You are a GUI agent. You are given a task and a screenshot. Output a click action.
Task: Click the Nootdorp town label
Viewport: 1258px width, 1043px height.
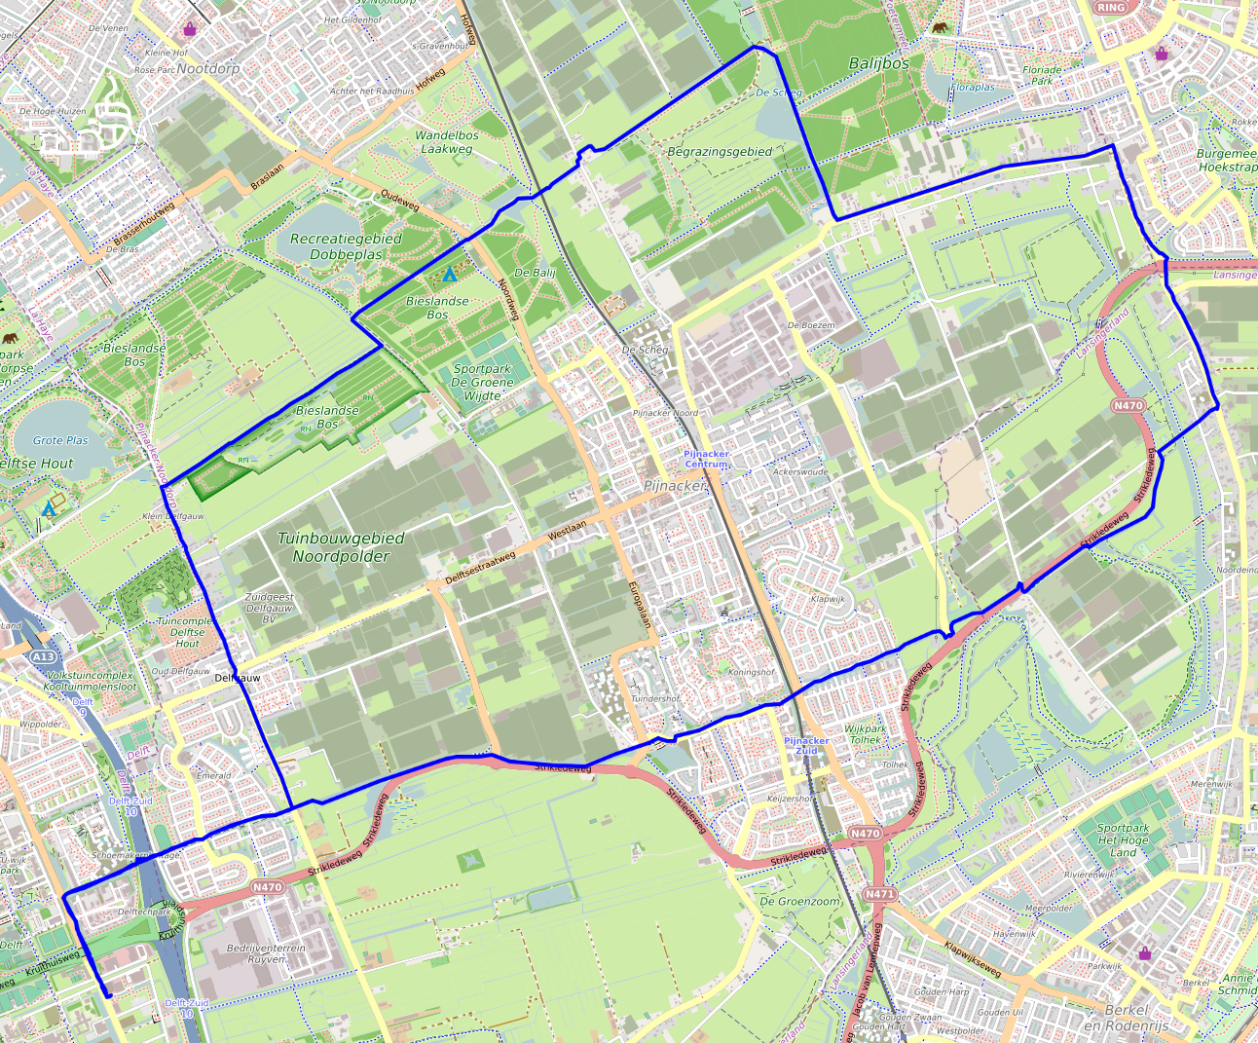[208, 69]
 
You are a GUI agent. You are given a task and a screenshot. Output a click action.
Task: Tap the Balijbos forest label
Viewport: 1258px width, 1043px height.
[878, 63]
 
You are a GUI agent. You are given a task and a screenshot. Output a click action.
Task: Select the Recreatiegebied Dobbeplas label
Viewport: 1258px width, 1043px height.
[346, 246]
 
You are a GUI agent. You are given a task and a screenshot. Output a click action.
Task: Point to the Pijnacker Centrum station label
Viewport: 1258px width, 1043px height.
[706, 459]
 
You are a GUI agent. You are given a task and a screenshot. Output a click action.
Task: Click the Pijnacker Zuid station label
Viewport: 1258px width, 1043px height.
[806, 746]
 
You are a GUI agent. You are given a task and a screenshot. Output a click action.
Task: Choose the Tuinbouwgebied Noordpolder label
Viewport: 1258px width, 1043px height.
[341, 547]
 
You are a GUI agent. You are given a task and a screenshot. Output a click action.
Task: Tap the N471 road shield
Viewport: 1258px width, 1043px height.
[879, 894]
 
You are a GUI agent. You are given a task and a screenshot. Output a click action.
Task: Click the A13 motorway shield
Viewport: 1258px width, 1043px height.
[43, 657]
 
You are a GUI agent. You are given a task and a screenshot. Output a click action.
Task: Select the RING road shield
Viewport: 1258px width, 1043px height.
[1110, 8]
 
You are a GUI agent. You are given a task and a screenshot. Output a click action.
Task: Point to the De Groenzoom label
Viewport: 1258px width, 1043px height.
[799, 901]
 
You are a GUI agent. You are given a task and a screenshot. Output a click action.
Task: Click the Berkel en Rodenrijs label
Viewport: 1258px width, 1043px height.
[1126, 1018]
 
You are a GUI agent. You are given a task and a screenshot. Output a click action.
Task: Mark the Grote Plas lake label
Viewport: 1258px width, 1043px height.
[60, 440]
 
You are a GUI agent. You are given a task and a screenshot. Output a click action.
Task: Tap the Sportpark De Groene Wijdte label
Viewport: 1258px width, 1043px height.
[482, 382]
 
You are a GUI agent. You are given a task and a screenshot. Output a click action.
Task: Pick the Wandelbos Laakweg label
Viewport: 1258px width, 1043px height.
[447, 142]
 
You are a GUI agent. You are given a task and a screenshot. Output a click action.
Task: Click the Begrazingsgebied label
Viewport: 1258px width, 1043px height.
[720, 152]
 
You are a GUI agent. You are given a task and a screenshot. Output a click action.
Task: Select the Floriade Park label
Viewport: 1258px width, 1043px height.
[1042, 75]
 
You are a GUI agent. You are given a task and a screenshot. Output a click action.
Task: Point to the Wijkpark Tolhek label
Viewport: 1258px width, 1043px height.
[865, 734]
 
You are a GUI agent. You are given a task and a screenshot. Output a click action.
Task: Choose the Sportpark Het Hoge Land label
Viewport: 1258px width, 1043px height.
[1123, 839]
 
